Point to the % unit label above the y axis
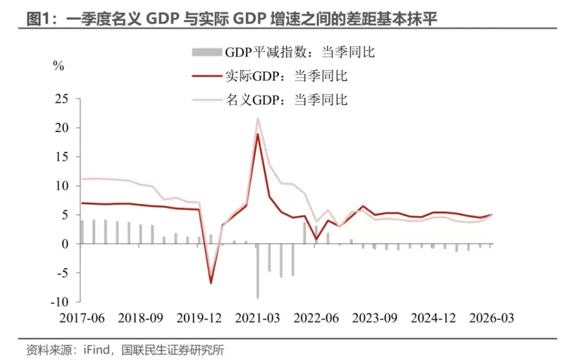tap(59, 65)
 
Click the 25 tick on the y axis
tap(66, 99)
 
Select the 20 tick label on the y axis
tap(66, 128)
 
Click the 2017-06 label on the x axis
tap(82, 318)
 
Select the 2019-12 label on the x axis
tap(199, 318)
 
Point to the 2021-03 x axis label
tap(258, 318)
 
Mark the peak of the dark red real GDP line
tap(258, 134)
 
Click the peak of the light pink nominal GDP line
tap(258, 118)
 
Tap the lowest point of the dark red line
tap(211, 283)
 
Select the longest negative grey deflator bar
tap(258, 271)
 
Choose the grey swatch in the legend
tap(207, 53)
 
